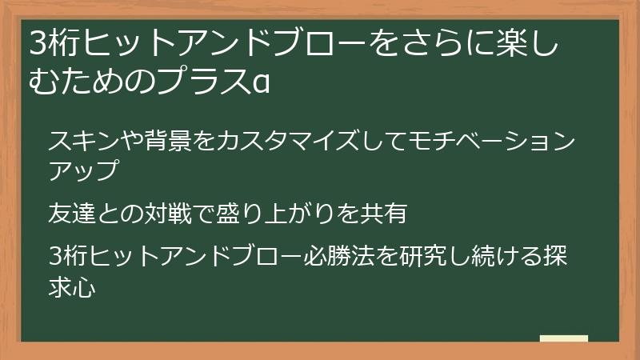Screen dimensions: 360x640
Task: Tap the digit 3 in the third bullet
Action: [x=54, y=258]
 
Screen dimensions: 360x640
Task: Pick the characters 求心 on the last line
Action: [x=73, y=287]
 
